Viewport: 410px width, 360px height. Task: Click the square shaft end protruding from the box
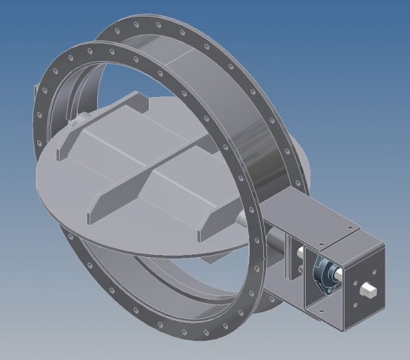[x=369, y=289]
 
